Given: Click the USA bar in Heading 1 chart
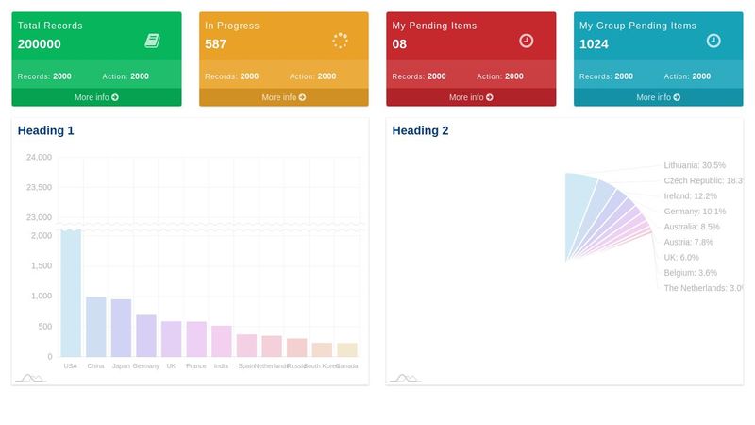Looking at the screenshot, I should pyautogui.click(x=71, y=293).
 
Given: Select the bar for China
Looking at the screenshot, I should pyautogui.click(x=96, y=327).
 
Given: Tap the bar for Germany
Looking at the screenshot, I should pyautogui.click(x=146, y=335).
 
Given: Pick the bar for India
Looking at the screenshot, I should pyautogui.click(x=222, y=341).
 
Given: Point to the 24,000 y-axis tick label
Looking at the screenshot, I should pyautogui.click(x=39, y=157).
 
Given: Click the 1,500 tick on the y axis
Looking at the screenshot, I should pyautogui.click(x=40, y=265).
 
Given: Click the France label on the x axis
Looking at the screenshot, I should pyautogui.click(x=196, y=365).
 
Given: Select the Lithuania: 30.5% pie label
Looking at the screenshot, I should pyautogui.click(x=695, y=165).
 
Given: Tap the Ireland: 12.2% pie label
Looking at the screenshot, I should pyautogui.click(x=690, y=195).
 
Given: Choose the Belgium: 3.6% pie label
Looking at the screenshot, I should pyautogui.click(x=690, y=273).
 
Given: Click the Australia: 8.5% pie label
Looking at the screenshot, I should pyautogui.click(x=692, y=227).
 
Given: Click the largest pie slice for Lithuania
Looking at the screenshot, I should pyautogui.click(x=579, y=212).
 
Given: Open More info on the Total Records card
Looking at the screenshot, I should pyautogui.click(x=96, y=97).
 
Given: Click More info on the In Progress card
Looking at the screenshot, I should pyautogui.click(x=283, y=97).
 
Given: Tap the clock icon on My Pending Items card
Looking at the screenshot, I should pyautogui.click(x=527, y=41).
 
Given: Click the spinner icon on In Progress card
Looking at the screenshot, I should pyautogui.click(x=341, y=41).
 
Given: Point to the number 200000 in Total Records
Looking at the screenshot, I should pyautogui.click(x=40, y=44).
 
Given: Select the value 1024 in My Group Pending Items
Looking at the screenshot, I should pyautogui.click(x=594, y=44).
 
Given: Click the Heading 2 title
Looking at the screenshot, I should pyautogui.click(x=420, y=131).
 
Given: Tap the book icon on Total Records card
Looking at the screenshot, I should pyautogui.click(x=153, y=41).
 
